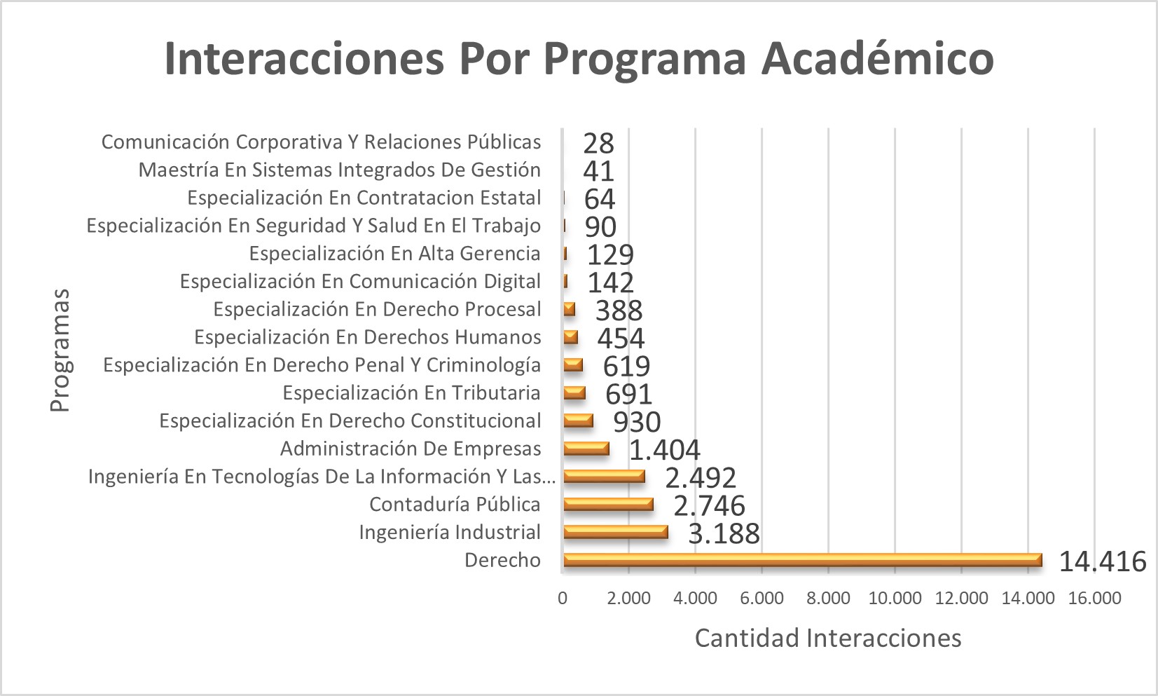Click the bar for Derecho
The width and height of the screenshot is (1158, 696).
point(802,560)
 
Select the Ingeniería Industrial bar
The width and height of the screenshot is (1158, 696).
point(615,532)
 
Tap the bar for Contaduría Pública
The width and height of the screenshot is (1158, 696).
point(608,505)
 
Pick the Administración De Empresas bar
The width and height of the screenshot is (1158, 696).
point(586,449)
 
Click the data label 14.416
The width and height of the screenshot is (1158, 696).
point(1102,561)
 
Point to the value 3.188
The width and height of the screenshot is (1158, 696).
point(724,534)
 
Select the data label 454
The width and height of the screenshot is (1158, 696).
point(621,339)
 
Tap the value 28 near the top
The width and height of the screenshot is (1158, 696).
point(598,144)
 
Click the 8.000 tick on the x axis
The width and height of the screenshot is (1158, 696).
point(828,599)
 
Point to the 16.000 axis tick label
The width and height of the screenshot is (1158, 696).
point(1094,599)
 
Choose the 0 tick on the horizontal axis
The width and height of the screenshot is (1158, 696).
point(563,599)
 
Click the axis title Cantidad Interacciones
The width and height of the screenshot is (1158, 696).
point(827,638)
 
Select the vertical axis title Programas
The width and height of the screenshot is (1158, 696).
point(60,350)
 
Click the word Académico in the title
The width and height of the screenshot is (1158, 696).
point(877,58)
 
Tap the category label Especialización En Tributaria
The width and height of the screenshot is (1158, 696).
point(411,393)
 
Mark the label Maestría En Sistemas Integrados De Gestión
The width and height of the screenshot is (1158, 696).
point(339,170)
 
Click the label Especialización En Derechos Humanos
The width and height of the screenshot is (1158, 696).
point(367,337)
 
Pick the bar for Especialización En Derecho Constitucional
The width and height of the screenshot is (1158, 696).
point(578,421)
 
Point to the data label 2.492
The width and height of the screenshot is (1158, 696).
point(701,478)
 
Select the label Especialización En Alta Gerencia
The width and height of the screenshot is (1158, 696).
point(394,254)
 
